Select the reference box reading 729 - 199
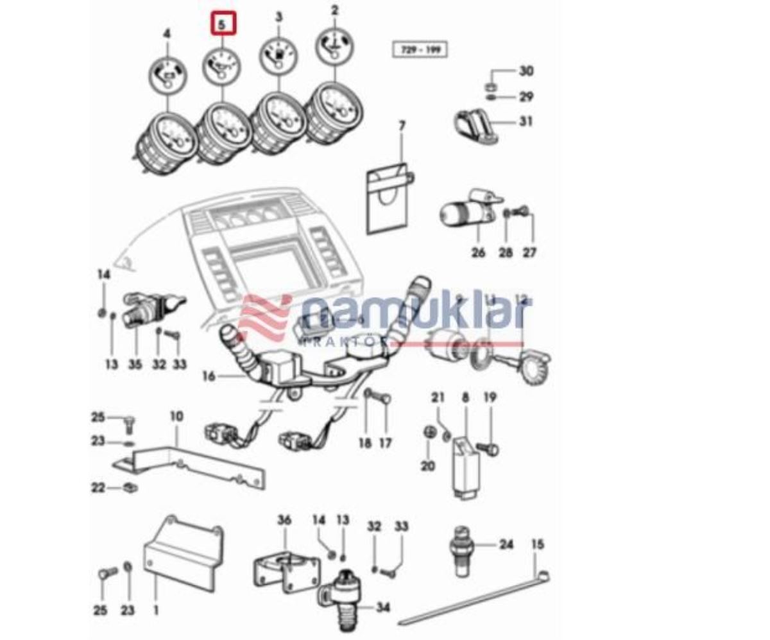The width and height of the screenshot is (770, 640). pos(420,49)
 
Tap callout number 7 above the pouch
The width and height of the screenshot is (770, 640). pos(402,126)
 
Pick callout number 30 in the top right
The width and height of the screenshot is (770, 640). pos(526,71)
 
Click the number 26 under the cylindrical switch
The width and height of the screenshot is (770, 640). pos(479,252)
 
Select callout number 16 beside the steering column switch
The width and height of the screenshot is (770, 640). pos(209,376)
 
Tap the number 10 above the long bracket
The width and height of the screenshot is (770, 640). pos(176,417)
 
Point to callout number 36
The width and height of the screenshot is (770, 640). pos(284,519)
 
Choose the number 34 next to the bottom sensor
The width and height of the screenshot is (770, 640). pos(383,607)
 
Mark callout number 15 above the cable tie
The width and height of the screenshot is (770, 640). pos(538,544)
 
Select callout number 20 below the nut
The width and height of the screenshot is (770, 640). pos(428,466)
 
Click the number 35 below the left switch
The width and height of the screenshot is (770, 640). pos(135,365)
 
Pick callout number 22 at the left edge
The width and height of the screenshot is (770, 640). pos(98,488)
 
